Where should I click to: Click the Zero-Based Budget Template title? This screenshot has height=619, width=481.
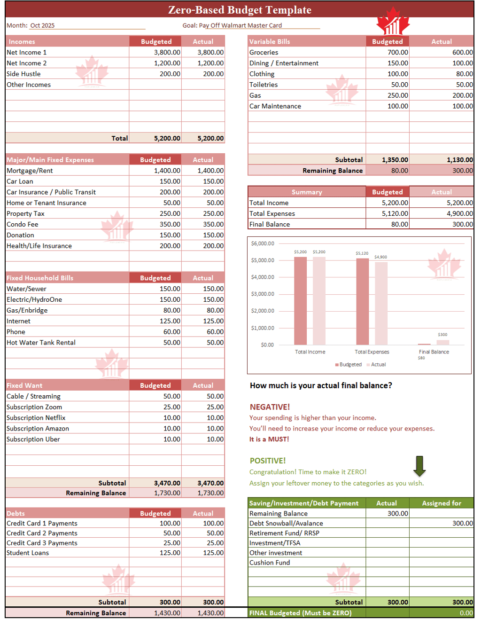[240, 10]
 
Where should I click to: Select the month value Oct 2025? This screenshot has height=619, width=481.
[42, 25]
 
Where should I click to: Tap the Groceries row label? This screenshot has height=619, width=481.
[264, 52]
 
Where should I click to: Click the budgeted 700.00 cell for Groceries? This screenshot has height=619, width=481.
[397, 52]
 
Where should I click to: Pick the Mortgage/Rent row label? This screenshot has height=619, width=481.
[30, 171]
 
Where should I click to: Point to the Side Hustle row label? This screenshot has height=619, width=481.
[23, 74]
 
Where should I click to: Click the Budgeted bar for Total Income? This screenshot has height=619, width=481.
[300, 301]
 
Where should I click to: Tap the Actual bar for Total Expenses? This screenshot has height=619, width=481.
[381, 303]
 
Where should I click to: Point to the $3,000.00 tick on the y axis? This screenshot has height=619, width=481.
[263, 294]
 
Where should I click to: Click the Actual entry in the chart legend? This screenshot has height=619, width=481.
[378, 364]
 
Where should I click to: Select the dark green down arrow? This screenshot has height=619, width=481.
[419, 466]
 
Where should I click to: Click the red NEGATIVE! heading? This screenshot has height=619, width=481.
[270, 407]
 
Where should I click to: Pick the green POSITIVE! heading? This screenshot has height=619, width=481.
[268, 461]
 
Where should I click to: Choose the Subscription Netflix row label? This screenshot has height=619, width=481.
[36, 418]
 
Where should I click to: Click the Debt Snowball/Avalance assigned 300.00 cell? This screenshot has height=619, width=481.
[462, 523]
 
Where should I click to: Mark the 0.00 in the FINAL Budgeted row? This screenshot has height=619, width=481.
[466, 613]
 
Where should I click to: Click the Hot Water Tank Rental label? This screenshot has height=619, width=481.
[41, 343]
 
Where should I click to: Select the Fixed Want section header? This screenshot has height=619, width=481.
[24, 385]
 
